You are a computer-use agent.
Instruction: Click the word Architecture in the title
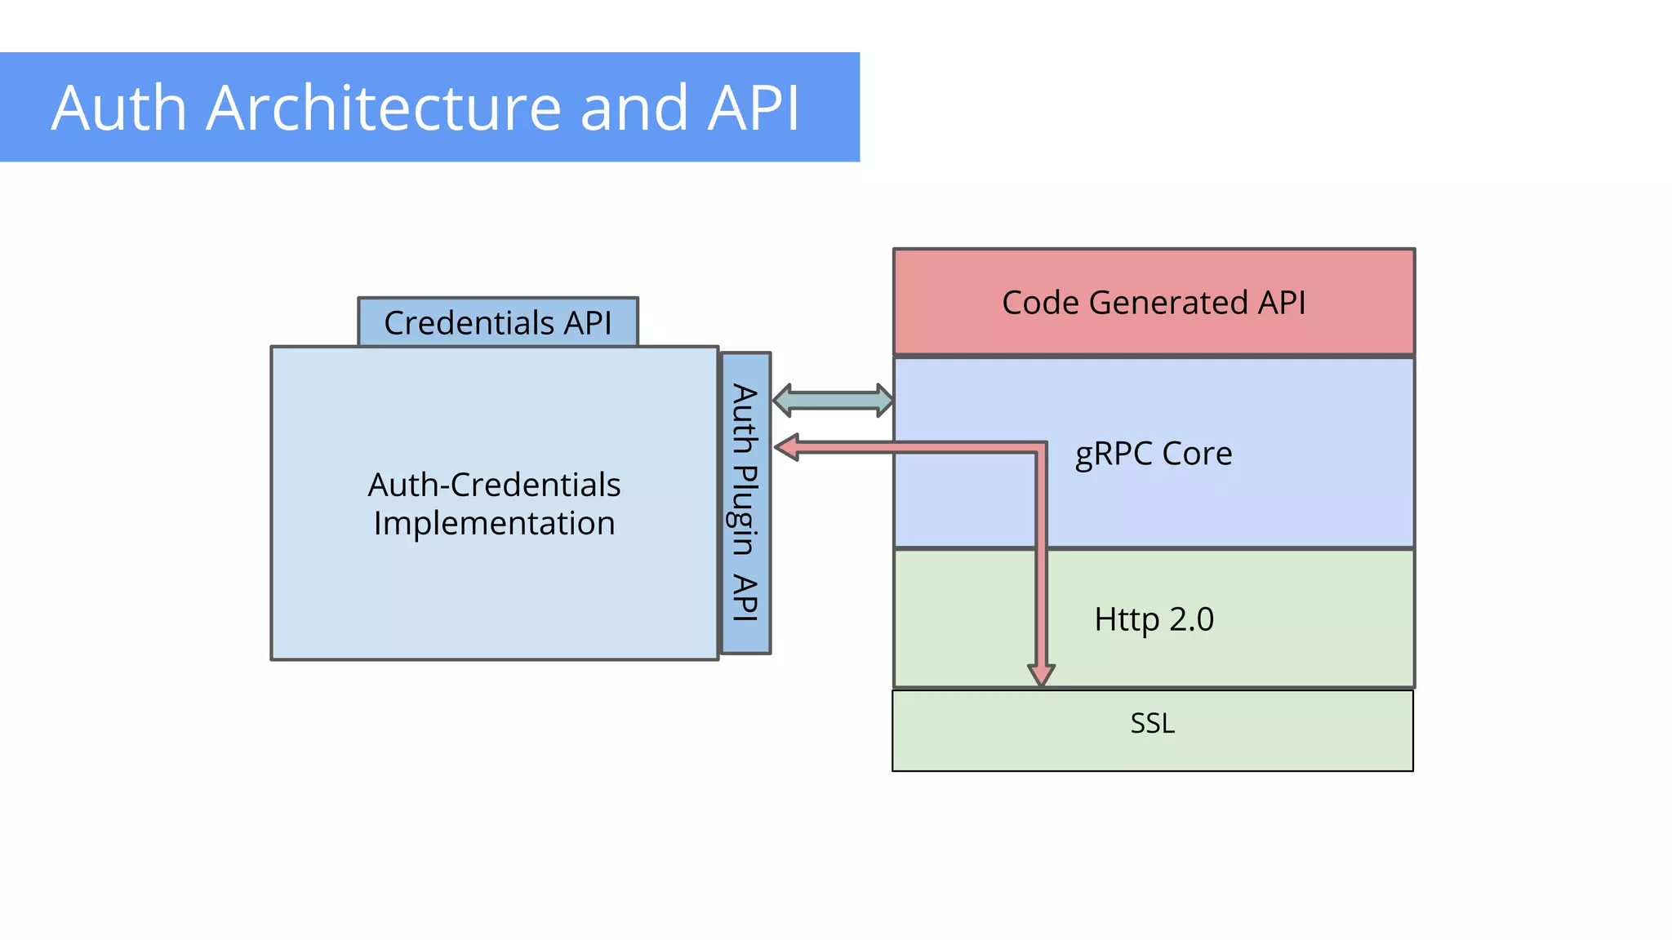[x=384, y=108]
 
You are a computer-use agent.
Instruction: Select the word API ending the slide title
[x=753, y=108]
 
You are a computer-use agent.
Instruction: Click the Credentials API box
[x=498, y=322]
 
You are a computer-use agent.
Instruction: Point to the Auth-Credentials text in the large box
[x=494, y=485]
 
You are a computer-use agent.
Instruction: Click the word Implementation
[x=494, y=523]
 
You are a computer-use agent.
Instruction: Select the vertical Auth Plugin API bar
[x=745, y=503]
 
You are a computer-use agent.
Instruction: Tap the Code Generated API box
[x=1154, y=302]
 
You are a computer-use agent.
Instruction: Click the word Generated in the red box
[x=1168, y=303]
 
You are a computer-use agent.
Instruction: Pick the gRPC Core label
[x=1153, y=454]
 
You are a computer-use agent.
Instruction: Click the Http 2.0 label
[x=1154, y=619]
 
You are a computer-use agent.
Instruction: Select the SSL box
[x=1152, y=730]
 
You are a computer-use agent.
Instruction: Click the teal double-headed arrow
[x=833, y=400]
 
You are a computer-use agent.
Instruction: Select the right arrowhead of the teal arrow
[x=884, y=400]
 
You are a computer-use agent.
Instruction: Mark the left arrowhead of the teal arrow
[x=782, y=400]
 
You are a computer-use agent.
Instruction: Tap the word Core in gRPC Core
[x=1197, y=454]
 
